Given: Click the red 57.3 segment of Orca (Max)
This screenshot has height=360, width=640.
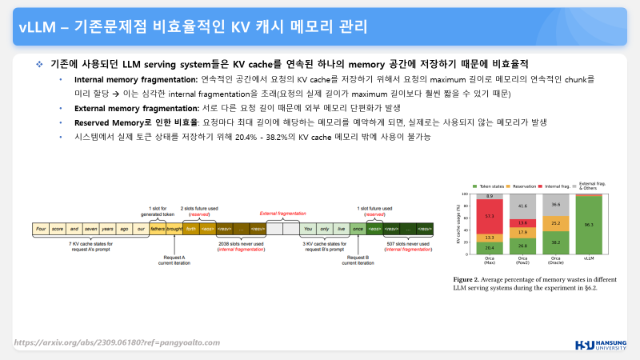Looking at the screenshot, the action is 490,216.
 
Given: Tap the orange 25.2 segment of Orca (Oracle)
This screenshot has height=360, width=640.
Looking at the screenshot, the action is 556,223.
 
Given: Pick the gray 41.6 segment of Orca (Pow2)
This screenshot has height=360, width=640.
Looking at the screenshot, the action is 523,206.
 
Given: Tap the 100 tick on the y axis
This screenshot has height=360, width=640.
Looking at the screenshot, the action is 468,194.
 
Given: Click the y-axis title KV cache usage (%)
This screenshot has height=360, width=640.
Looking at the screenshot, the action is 458,226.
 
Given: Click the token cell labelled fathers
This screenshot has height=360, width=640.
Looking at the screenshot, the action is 157,228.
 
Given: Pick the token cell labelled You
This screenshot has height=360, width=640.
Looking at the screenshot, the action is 307,228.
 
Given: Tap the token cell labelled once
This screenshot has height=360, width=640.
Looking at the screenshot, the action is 358,228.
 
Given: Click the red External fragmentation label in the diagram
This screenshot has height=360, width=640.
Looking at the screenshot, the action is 282,214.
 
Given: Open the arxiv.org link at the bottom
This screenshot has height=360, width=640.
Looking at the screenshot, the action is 117,342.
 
